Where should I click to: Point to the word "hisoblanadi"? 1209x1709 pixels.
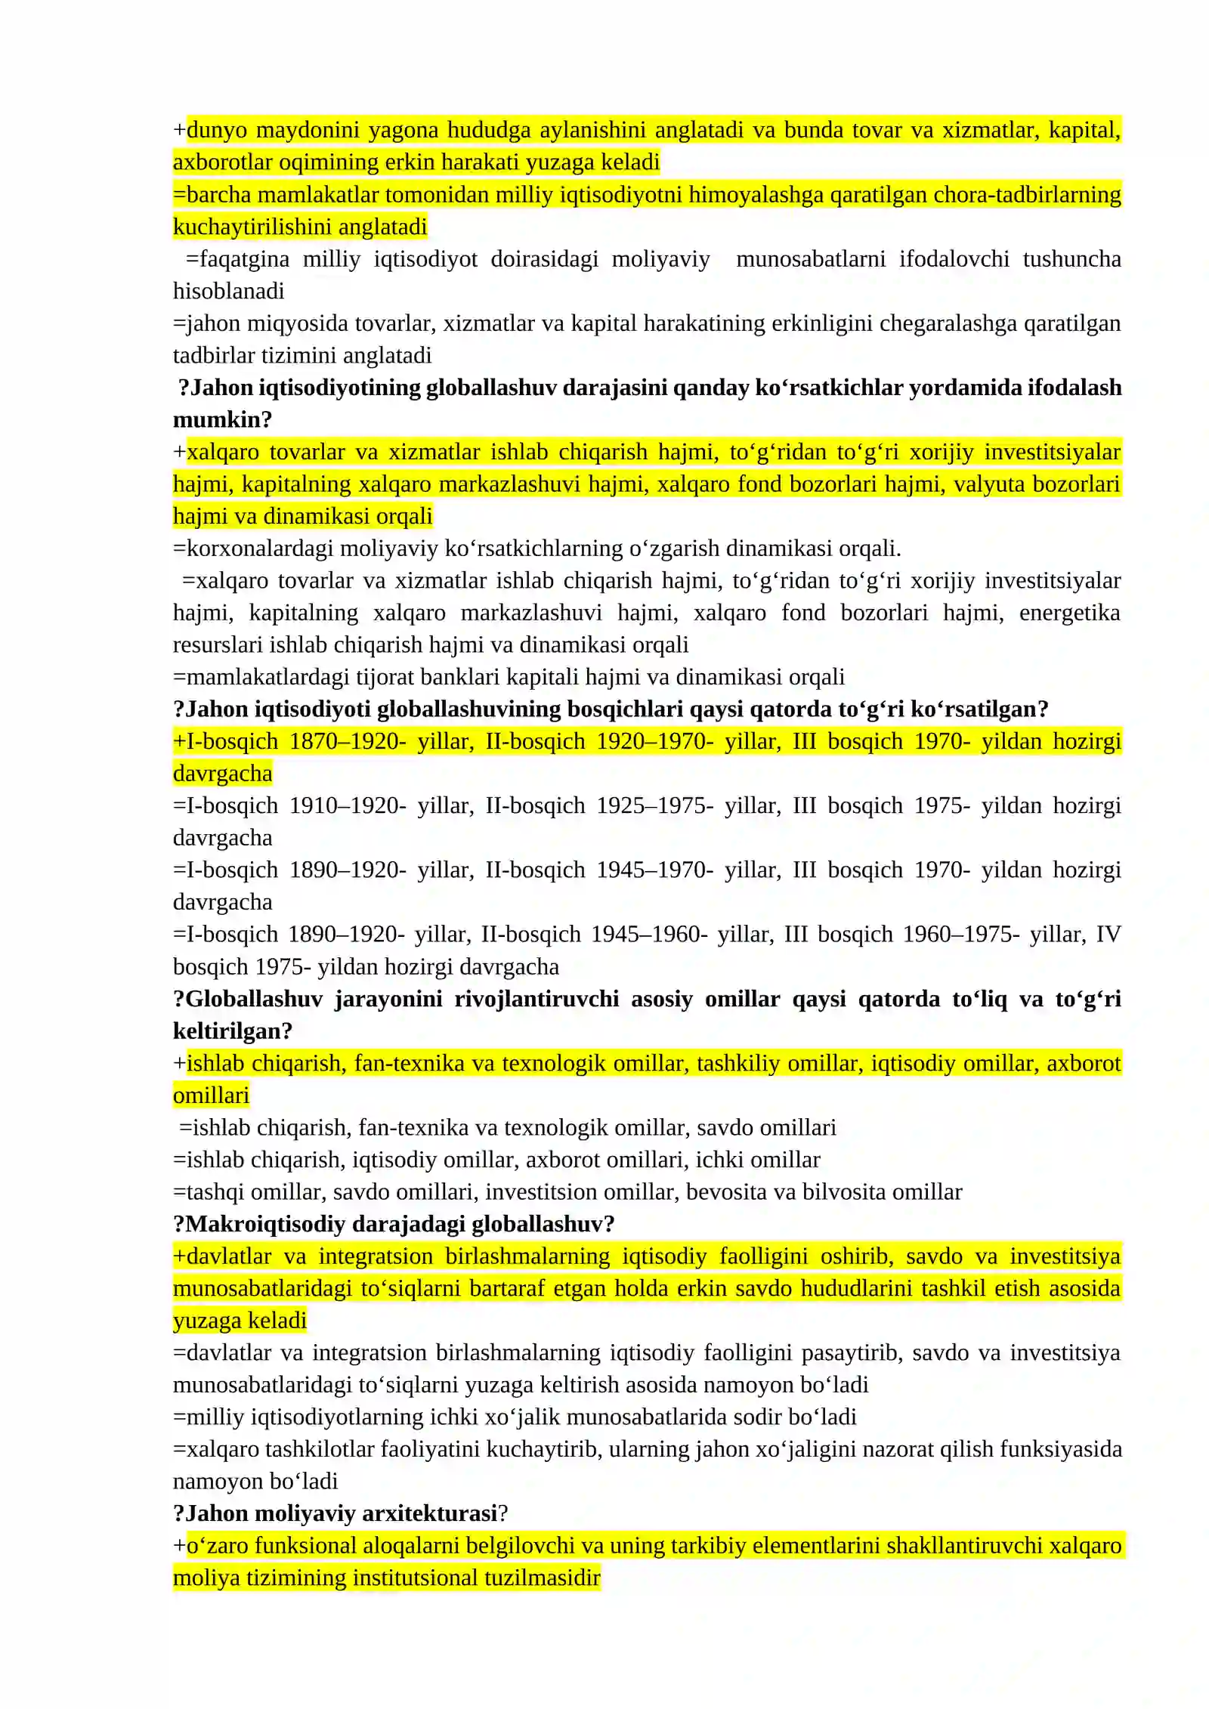228,292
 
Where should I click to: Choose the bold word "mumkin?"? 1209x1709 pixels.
222,420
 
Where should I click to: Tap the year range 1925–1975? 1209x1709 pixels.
654,806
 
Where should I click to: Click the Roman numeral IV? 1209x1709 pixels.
1108,935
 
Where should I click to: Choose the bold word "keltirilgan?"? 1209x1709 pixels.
233,1031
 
